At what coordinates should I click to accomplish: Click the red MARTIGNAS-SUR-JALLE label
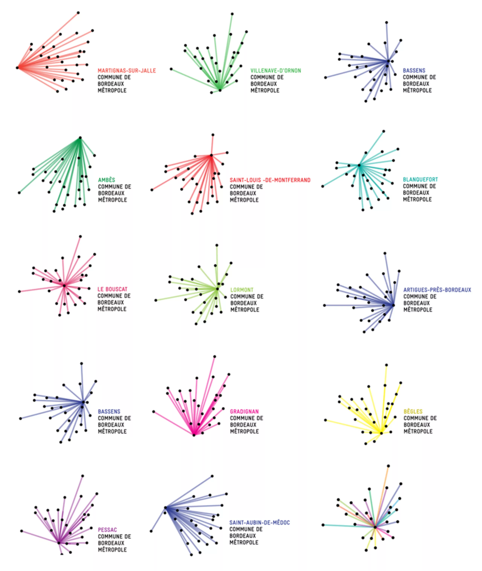[127, 70]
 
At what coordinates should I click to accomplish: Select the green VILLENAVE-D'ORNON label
[276, 70]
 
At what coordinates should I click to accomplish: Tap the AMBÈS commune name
[107, 180]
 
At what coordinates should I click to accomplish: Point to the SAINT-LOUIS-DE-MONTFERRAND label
[270, 180]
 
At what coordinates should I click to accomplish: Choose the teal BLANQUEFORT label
[420, 179]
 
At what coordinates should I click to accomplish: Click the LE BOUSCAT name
[113, 289]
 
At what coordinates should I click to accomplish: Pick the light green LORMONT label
[242, 290]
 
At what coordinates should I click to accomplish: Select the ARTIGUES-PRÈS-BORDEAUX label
[437, 290]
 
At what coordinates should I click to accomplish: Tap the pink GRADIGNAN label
[244, 411]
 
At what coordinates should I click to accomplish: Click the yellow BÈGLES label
[413, 411]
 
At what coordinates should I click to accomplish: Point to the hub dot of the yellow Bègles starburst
[381, 433]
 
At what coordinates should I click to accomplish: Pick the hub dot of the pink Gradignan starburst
[194, 435]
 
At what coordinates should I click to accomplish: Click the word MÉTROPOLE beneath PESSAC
[112, 549]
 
